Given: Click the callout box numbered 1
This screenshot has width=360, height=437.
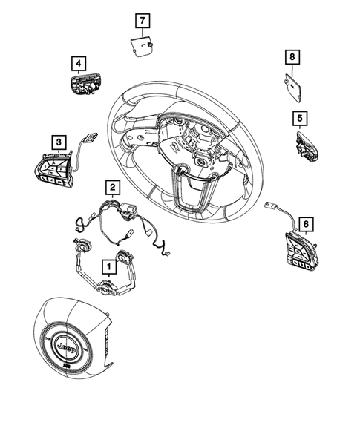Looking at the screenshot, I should (108, 264).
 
